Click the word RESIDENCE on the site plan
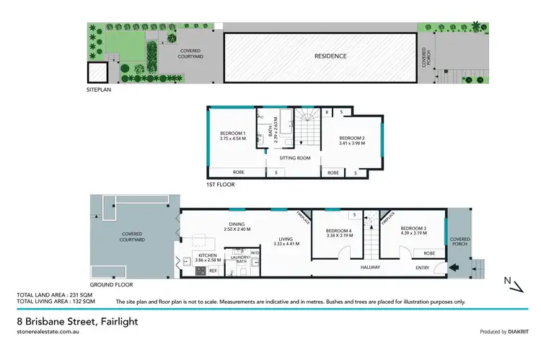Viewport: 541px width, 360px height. point(330,56)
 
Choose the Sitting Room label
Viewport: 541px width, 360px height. point(294,157)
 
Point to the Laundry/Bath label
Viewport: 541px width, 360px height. point(239,258)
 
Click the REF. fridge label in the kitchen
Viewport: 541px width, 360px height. point(213,271)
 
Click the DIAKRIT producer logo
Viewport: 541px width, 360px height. point(514,332)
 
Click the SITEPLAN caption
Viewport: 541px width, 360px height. point(98,92)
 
